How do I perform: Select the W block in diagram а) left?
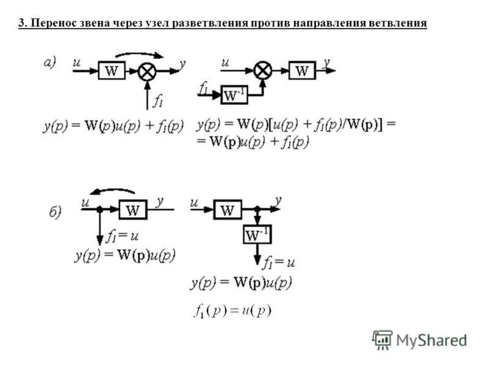111,71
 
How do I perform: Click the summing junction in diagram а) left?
147,71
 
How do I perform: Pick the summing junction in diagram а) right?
263,71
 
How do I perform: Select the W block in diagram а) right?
302,71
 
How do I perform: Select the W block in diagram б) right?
227,210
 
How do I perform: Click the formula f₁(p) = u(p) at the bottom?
232,310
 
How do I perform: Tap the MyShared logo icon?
382,339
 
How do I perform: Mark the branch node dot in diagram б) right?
258,210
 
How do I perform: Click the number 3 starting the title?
21,23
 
